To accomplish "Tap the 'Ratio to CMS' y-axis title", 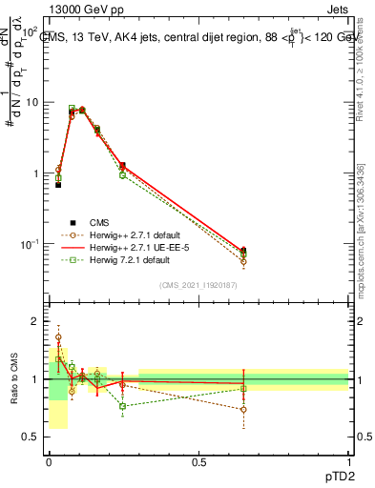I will point(13,379).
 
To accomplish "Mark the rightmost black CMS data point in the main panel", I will point(243,251).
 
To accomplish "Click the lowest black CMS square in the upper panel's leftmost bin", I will point(58,185).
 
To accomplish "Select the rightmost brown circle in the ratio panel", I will point(243,410).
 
